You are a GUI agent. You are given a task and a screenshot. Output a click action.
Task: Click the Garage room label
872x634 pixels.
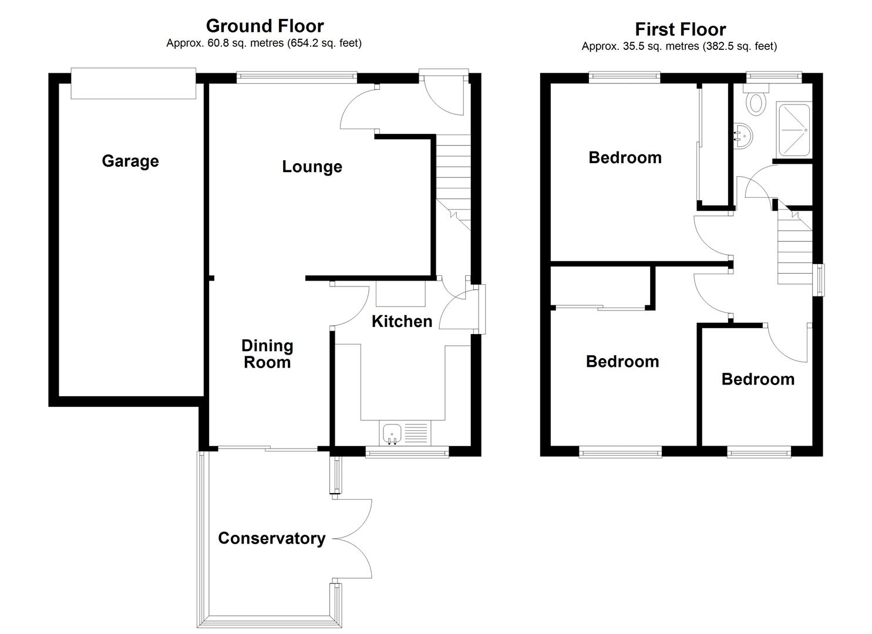pyautogui.click(x=130, y=161)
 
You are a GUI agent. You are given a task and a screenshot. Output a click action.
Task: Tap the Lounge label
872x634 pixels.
pyautogui.click(x=312, y=166)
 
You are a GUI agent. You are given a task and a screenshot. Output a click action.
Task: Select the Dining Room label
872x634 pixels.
pyautogui.click(x=267, y=353)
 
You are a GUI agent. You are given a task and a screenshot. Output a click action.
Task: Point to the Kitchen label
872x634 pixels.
pyautogui.click(x=402, y=321)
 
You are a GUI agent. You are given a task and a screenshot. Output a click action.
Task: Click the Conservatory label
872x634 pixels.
pyautogui.click(x=271, y=538)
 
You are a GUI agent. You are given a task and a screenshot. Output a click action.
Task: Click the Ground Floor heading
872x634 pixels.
pyautogui.click(x=264, y=26)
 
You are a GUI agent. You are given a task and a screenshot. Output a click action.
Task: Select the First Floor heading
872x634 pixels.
pyautogui.click(x=680, y=29)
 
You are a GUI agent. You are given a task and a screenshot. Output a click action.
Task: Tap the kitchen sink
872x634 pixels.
pyautogui.click(x=392, y=434)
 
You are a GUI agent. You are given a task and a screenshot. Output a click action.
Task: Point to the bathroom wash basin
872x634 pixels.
pyautogui.click(x=742, y=136)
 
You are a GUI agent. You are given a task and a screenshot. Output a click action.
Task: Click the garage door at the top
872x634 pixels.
pyautogui.click(x=133, y=83)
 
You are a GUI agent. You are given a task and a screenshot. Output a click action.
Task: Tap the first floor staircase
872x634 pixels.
pyautogui.click(x=794, y=249)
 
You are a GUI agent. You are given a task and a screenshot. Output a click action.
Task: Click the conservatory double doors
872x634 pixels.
pyautogui.click(x=354, y=538)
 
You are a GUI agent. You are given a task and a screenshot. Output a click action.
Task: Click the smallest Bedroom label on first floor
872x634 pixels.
pyautogui.click(x=757, y=379)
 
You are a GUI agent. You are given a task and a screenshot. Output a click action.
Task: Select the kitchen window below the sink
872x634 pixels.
pyautogui.click(x=407, y=451)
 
